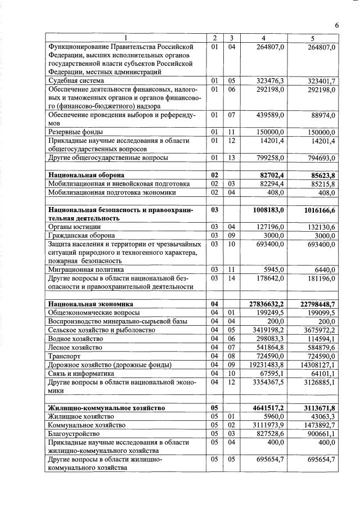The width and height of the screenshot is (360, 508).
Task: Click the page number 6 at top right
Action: point(336,25)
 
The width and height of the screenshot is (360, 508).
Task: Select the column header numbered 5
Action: point(312,38)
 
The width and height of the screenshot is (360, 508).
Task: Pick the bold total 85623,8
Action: point(320,175)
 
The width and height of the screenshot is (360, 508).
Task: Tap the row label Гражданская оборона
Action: point(83,235)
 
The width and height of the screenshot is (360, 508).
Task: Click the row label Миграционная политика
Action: point(85,269)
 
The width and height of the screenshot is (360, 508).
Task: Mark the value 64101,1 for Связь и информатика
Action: point(322,372)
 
